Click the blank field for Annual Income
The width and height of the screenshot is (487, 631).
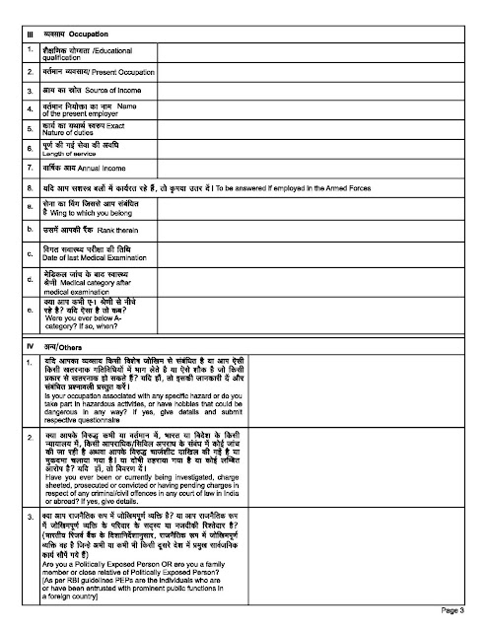pyautogui.click(x=315, y=166)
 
